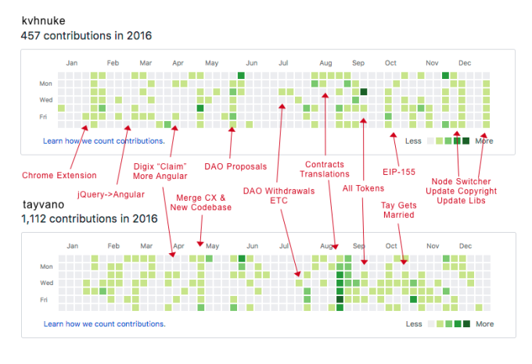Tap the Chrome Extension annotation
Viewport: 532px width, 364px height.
point(59,175)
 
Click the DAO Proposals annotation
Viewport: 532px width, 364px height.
point(235,166)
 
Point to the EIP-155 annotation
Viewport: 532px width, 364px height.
point(398,171)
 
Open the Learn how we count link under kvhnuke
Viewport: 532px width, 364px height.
point(104,141)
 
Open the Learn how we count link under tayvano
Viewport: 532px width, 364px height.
point(104,323)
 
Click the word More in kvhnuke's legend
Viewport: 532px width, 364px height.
point(484,141)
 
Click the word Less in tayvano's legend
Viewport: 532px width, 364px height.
point(414,323)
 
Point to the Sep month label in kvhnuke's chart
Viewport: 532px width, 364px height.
point(358,63)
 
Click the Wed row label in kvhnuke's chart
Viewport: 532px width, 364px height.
point(46,99)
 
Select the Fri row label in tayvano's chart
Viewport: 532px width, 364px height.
point(47,299)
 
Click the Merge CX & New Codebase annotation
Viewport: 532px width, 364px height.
point(201,202)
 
